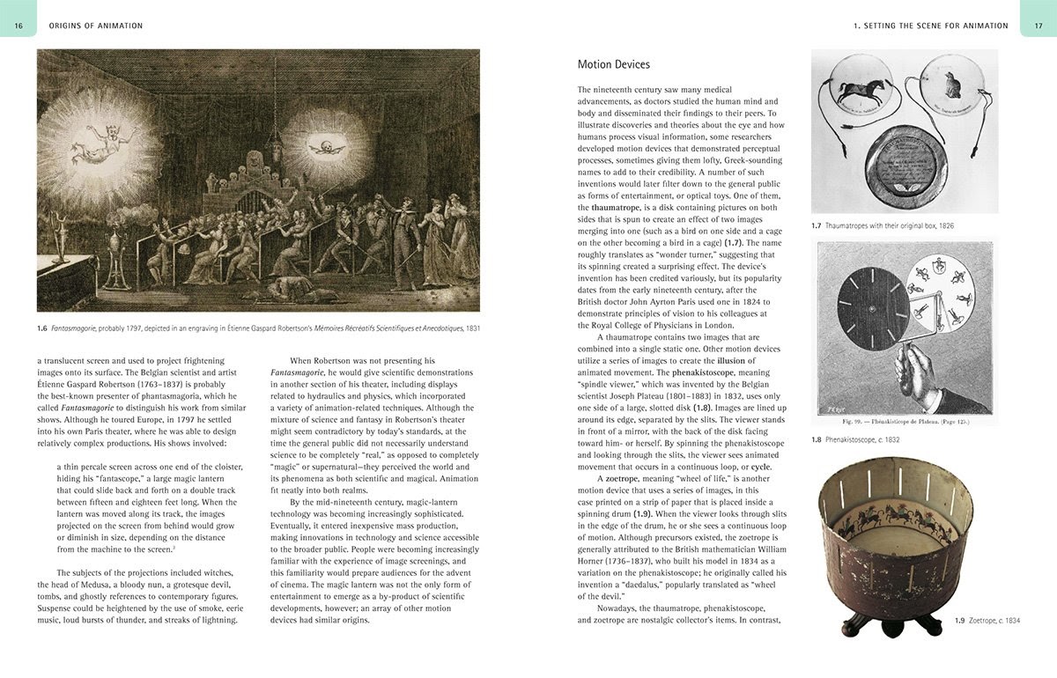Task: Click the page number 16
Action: pos(18,26)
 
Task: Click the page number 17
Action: pos(1038,26)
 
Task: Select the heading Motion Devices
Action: pos(613,64)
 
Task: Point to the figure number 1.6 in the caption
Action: pos(41,328)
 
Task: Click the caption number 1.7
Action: pos(817,226)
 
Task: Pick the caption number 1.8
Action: pos(817,439)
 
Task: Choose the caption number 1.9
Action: pos(961,621)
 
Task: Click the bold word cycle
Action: pos(761,467)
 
